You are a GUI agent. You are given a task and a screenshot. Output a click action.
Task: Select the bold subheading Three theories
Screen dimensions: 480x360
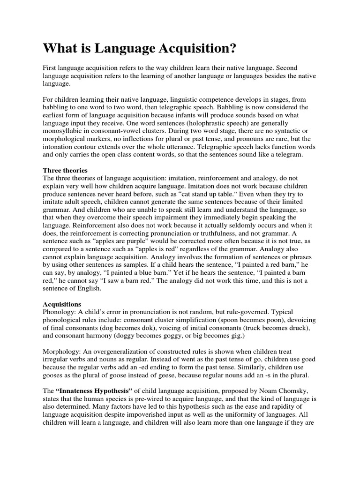(x=66, y=170)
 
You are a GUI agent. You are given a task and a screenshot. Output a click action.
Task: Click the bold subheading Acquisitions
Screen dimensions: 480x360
(x=62, y=304)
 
